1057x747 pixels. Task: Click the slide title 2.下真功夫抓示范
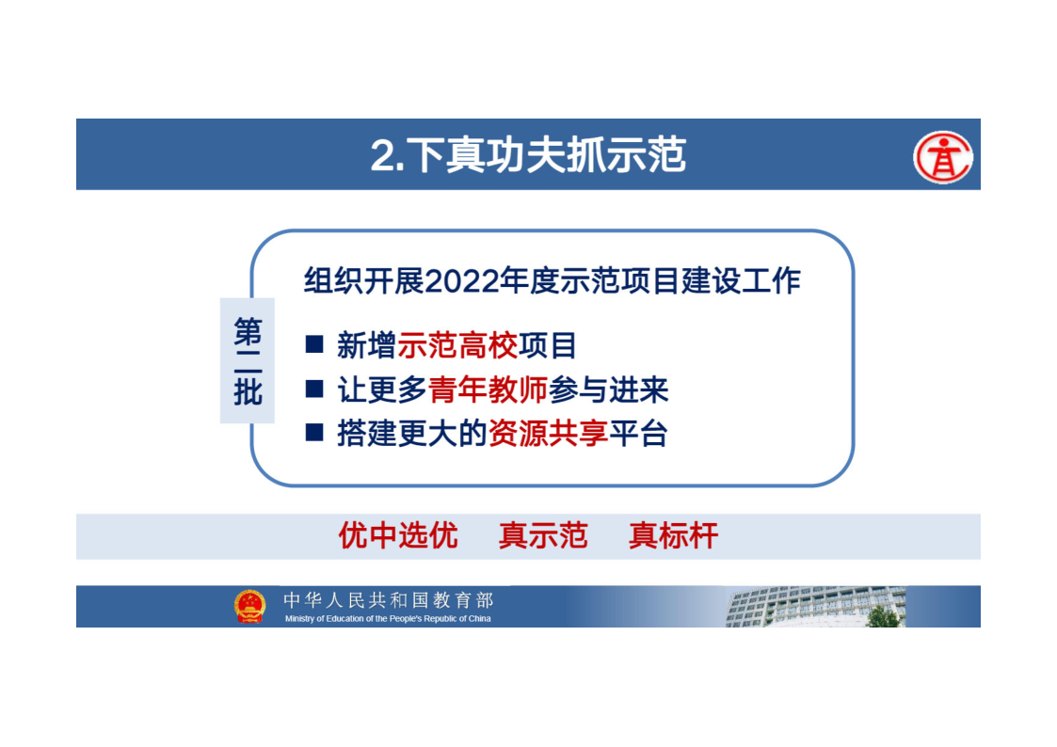528,155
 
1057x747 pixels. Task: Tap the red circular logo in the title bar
942,158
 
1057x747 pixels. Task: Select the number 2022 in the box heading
462,281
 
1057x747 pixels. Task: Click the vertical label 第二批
248,361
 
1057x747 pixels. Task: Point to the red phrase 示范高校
457,345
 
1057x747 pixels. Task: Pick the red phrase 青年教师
488,389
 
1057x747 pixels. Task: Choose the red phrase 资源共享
548,433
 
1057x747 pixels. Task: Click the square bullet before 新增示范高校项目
314,344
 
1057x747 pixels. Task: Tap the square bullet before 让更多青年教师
314,389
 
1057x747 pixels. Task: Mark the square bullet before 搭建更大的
314,432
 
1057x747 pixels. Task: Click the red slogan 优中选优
398,536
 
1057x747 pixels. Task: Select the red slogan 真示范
543,536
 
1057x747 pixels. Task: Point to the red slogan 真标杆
673,536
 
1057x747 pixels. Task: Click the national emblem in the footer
249,606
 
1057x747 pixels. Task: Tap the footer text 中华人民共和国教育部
389,599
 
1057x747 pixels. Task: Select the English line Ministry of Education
388,618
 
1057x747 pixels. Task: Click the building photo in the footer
816,606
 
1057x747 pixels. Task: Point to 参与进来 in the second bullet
608,389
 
